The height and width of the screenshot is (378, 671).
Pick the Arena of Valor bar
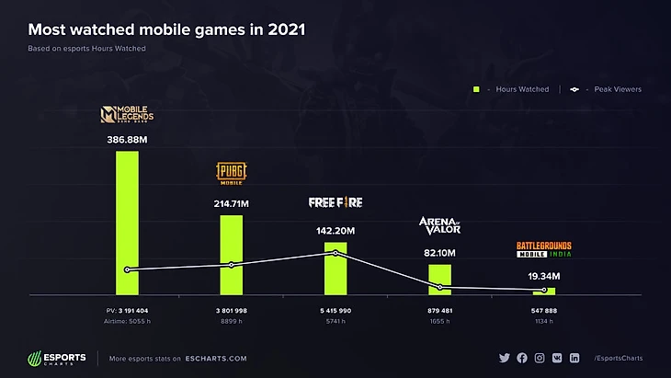(440, 279)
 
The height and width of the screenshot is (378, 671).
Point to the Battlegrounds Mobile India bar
(544, 291)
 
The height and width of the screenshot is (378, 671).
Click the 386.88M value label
(127, 140)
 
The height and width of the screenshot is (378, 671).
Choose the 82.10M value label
(440, 253)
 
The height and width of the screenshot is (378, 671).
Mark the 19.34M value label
(544, 276)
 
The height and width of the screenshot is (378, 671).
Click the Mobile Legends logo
(127, 116)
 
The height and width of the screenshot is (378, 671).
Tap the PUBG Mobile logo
(232, 174)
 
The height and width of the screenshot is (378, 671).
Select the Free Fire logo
(335, 202)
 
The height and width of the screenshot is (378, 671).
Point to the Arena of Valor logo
(440, 226)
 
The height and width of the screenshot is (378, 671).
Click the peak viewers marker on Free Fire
(335, 253)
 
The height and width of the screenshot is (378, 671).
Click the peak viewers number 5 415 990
(335, 311)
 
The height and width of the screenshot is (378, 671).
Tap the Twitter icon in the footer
(504, 358)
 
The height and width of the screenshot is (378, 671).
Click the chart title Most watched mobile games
(166, 29)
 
